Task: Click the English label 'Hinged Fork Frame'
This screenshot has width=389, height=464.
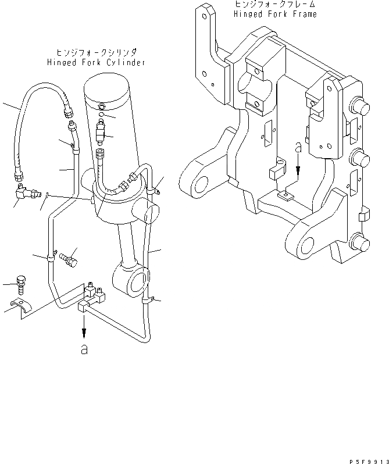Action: (x=275, y=14)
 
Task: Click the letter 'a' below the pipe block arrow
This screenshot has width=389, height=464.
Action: (x=85, y=350)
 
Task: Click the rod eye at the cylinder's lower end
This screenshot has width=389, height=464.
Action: (x=135, y=280)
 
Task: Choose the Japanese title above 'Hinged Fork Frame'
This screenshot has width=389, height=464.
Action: (x=275, y=5)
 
